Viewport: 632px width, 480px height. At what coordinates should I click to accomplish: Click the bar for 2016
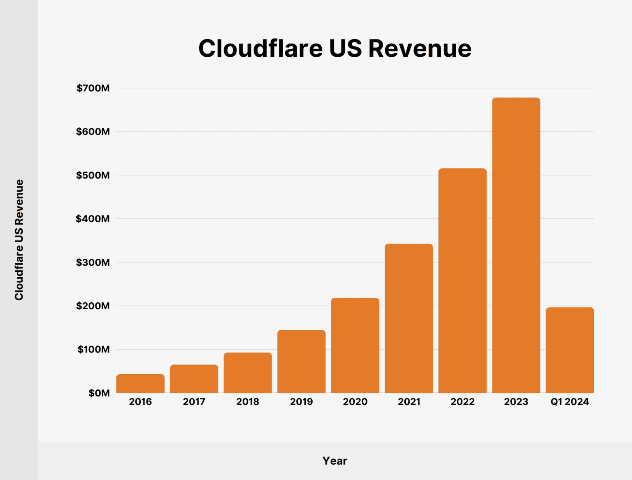[x=140, y=383]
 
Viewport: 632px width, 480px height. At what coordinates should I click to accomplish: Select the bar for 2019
[x=301, y=362]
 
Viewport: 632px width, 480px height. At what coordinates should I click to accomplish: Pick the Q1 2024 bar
[x=569, y=350]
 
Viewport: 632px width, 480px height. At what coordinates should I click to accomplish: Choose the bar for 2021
[x=409, y=318]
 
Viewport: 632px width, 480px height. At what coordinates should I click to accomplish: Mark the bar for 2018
[x=248, y=373]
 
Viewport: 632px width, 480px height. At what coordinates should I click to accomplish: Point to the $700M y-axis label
[x=93, y=88]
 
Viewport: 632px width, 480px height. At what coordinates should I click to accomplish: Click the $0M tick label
[x=99, y=393]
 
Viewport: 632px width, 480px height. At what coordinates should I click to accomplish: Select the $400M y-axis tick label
[x=93, y=219]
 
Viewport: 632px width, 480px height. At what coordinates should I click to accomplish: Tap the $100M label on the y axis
[x=93, y=350]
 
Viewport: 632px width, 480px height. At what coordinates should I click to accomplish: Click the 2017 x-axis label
[x=194, y=402]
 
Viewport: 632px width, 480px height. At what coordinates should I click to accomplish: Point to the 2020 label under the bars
[x=355, y=402]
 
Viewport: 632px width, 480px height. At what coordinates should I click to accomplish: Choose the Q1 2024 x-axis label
[x=569, y=402]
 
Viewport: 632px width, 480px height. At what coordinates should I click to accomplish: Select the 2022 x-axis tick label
[x=462, y=402]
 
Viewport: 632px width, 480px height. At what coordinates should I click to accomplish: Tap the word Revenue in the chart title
[x=420, y=49]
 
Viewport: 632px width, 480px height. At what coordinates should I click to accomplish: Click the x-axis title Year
[x=335, y=461]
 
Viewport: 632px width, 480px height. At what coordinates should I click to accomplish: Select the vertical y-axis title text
[x=19, y=240]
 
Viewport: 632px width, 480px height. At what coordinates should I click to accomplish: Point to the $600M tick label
[x=93, y=132]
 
